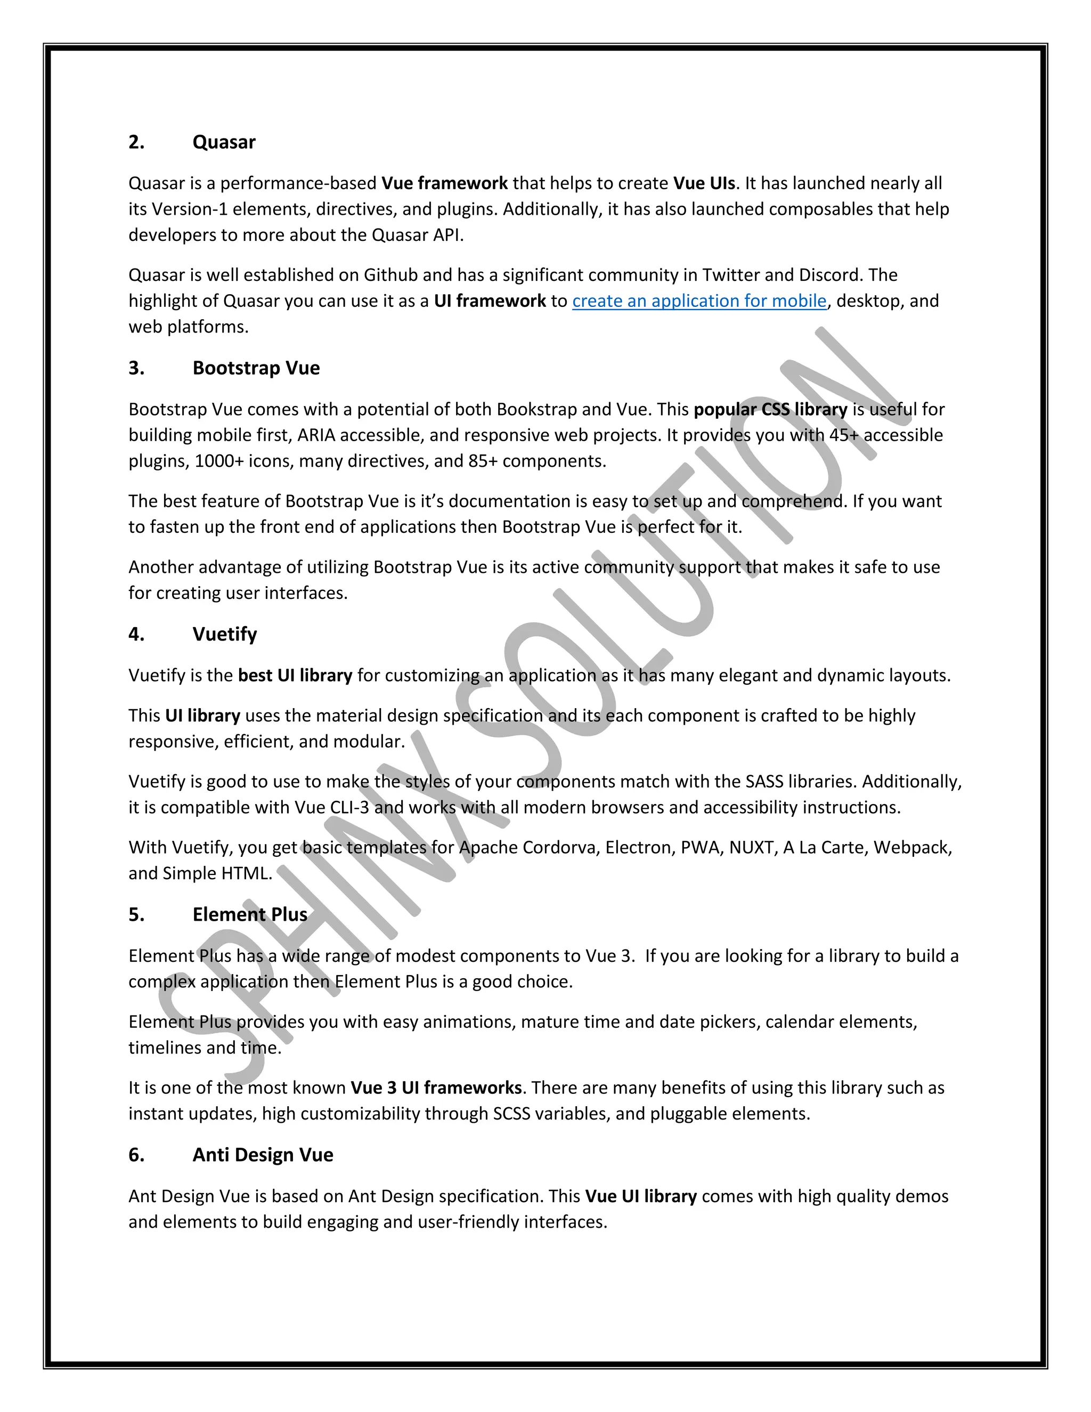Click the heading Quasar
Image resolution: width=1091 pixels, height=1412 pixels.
[224, 142]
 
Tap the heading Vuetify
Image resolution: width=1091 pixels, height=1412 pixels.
[224, 634]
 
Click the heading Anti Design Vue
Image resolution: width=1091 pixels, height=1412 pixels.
[263, 1155]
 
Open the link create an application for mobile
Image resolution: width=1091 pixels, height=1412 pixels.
[699, 301]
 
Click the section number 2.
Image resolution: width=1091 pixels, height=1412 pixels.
[136, 142]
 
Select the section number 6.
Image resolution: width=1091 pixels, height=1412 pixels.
[136, 1155]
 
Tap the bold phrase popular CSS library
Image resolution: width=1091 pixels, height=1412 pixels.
[770, 409]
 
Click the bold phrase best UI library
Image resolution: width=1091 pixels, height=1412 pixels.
[295, 676]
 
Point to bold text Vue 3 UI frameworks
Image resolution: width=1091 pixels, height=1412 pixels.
[436, 1088]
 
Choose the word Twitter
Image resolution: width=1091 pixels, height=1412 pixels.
[730, 275]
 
